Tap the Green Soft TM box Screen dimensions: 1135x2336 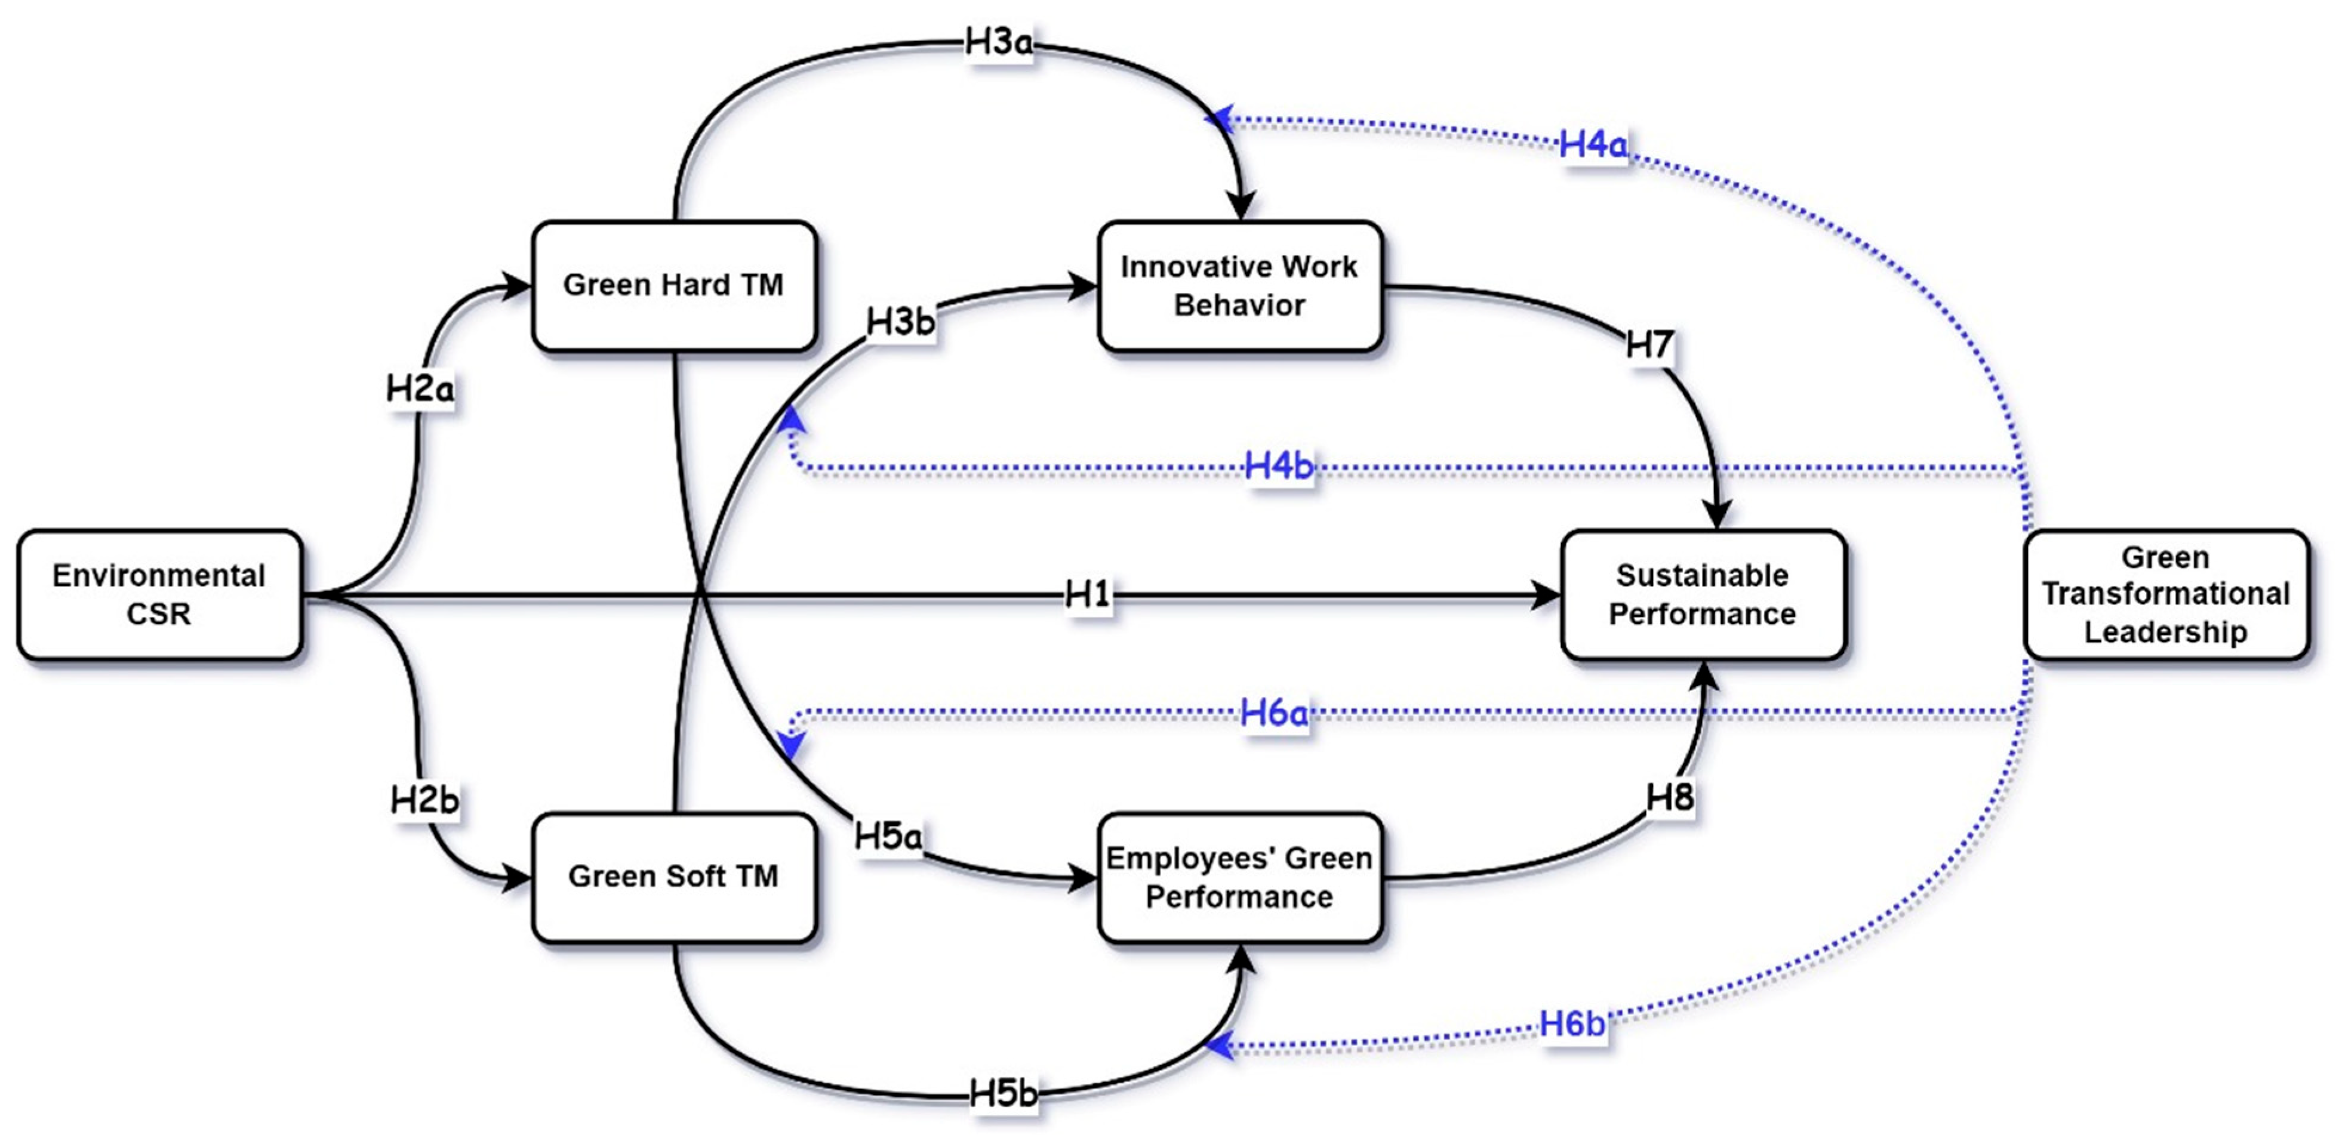click(674, 877)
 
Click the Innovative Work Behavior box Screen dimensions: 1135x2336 click(1240, 286)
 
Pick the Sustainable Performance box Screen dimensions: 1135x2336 click(1702, 595)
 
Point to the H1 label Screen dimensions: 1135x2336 click(1087, 596)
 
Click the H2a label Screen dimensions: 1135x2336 click(419, 390)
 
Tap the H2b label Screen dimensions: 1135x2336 click(424, 800)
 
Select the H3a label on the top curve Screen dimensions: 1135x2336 click(998, 42)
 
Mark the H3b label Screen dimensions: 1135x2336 click(900, 322)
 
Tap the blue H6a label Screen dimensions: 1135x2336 click(1274, 714)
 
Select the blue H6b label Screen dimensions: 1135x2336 click(1571, 1025)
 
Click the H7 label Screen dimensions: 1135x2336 click(1649, 346)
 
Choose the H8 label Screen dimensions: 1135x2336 click(1670, 798)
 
